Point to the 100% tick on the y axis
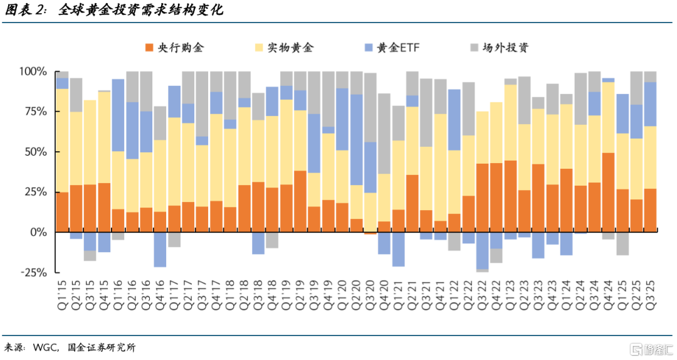(x=32, y=71)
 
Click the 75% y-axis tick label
(x=34, y=112)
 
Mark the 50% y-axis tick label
(x=34, y=152)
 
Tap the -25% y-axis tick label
(x=32, y=272)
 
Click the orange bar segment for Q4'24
(x=608, y=192)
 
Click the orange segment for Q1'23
(x=510, y=196)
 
